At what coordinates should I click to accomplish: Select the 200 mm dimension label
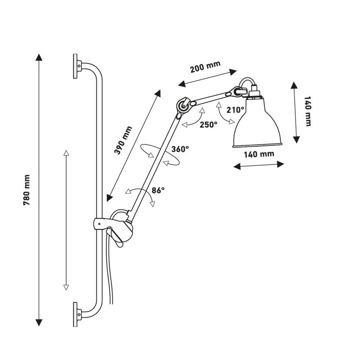click(x=205, y=68)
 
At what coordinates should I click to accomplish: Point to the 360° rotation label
click(x=180, y=149)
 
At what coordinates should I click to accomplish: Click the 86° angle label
click(x=158, y=190)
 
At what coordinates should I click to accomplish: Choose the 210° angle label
click(x=236, y=109)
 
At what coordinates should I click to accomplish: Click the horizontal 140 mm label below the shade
click(x=259, y=154)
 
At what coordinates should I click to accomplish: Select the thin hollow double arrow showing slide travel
click(x=66, y=220)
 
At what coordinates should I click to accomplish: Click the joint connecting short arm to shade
click(x=236, y=92)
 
